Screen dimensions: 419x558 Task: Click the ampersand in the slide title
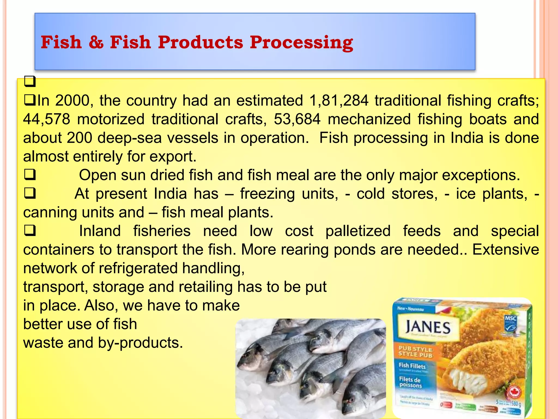[96, 43]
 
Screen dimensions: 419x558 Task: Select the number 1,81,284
[339, 101]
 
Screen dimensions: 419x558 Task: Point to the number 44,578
[47, 119]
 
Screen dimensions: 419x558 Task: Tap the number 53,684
[297, 119]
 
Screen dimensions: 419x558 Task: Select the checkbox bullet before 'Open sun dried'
[30, 175]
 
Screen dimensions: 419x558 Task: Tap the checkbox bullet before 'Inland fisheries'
[30, 231]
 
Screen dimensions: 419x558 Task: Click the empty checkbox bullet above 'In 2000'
[30, 82]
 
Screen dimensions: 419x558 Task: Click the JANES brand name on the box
[428, 327]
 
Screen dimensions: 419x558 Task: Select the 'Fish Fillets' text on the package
[412, 366]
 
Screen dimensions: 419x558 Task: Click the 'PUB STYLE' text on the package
[415, 349]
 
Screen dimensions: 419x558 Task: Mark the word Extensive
[506, 250]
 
